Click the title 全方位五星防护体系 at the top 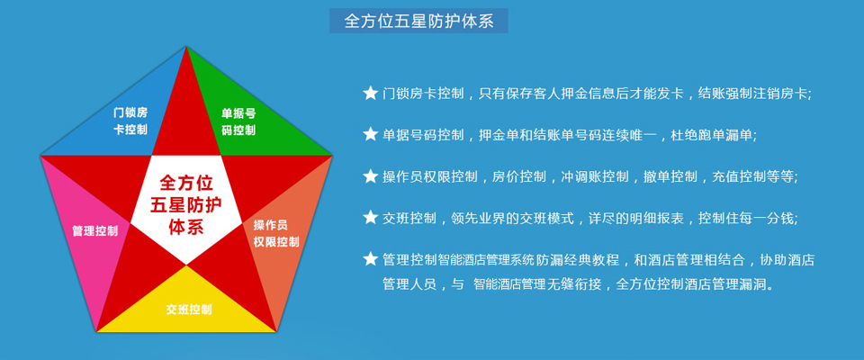click(x=418, y=21)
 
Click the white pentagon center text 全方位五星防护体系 click(x=185, y=204)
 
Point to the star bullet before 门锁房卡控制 click(x=370, y=94)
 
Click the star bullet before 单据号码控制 click(x=370, y=134)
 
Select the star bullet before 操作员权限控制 click(x=370, y=176)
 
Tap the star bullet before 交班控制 click(x=370, y=218)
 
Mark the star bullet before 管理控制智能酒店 click(x=370, y=259)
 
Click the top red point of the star click(x=186, y=49)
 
